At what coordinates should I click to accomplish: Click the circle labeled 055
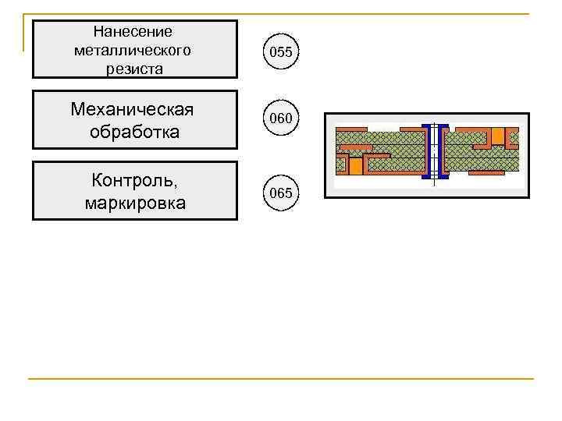pyautogui.click(x=281, y=53)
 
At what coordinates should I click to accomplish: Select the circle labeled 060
pyautogui.click(x=281, y=119)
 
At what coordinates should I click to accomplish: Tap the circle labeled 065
pyautogui.click(x=281, y=193)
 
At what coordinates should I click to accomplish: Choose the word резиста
pyautogui.click(x=135, y=69)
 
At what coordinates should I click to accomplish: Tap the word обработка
pyautogui.click(x=134, y=132)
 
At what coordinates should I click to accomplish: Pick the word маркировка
pyautogui.click(x=134, y=203)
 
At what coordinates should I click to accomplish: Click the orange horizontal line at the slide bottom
pyautogui.click(x=281, y=380)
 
